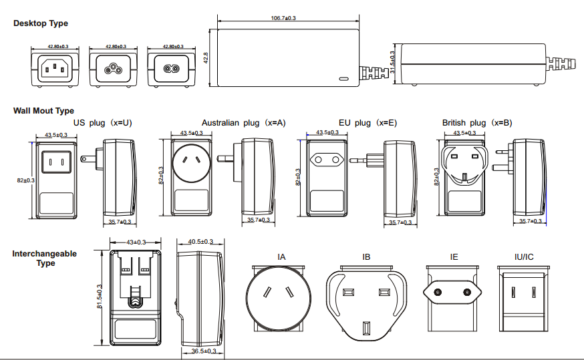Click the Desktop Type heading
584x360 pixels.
41,23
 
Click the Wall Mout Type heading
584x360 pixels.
43,111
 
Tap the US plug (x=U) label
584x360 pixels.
102,123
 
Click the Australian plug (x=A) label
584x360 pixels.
243,123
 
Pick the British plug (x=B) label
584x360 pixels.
477,123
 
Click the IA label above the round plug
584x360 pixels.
281,256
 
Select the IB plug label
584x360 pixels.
366,256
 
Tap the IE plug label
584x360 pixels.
454,256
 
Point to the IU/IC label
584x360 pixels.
524,256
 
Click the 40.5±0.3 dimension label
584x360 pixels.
200,242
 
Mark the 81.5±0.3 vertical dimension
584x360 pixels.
99,297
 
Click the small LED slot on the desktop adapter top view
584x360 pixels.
343,79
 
